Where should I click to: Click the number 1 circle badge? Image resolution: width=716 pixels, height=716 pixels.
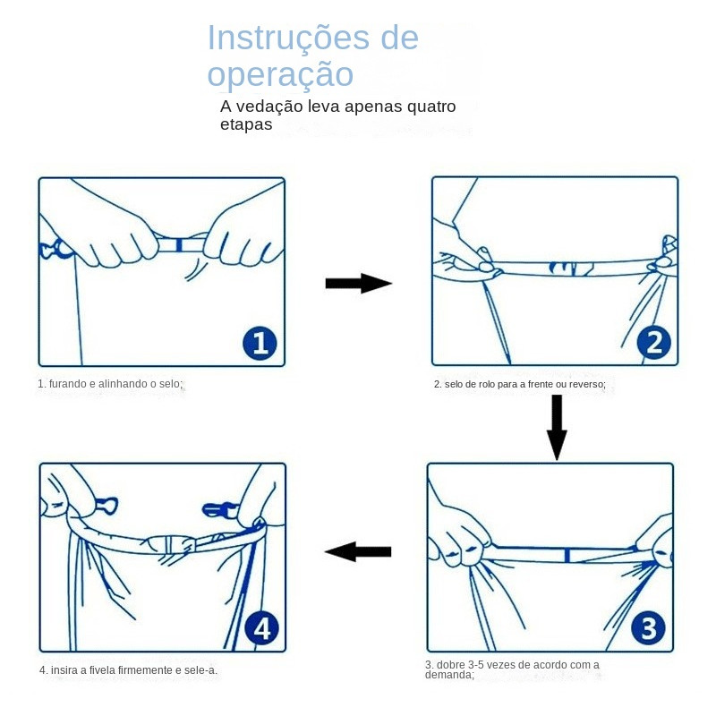pos(260,343)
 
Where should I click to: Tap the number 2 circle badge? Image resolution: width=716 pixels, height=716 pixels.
pos(653,343)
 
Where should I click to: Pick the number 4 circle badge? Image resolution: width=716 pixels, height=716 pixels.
pos(261,628)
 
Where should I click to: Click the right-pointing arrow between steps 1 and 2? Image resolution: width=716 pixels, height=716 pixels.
pos(358,284)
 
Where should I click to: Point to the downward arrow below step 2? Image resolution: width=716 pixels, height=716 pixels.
pos(557,427)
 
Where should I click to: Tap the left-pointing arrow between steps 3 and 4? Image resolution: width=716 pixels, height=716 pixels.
pos(358,551)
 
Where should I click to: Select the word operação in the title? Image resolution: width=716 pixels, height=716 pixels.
pos(280,74)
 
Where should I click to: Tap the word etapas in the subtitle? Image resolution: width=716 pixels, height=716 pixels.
pos(246,124)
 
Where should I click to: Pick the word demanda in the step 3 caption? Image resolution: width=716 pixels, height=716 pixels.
pos(448,675)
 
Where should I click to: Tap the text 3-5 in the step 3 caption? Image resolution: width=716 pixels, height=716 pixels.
pos(478,664)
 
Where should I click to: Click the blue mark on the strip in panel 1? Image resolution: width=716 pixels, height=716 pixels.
pos(179,244)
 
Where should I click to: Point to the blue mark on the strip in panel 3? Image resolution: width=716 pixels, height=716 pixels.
pos(567,557)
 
